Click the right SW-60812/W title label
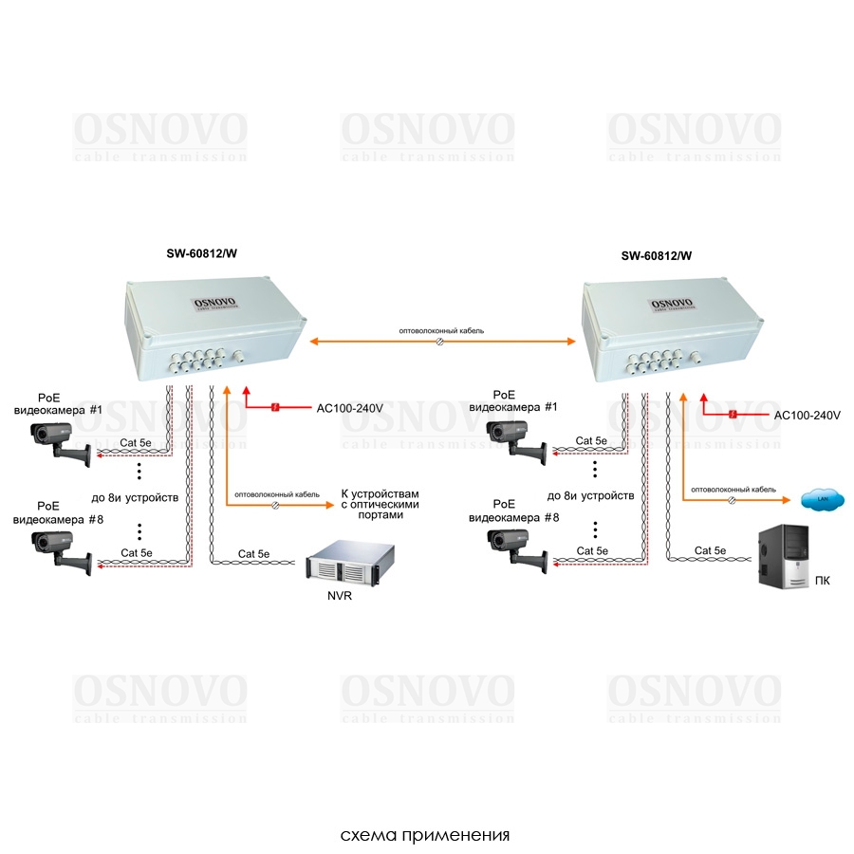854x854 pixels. (656, 255)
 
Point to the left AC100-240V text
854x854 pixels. (349, 409)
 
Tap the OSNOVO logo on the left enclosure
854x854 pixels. (215, 303)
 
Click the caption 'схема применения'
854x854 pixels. (426, 836)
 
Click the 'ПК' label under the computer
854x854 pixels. (822, 581)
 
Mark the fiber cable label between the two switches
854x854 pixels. (441, 331)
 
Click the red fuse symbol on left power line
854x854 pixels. (274, 408)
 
